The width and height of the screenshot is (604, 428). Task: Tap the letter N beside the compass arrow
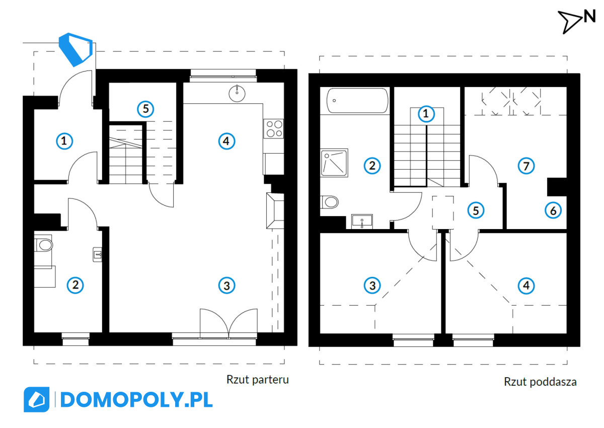coord(589,17)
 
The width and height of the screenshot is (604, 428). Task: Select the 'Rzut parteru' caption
coord(258,380)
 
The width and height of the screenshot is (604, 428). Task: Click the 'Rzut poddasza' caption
coord(540,382)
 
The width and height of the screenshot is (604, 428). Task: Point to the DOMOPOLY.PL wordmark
coord(136,400)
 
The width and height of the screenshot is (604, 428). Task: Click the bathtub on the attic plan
coord(357,100)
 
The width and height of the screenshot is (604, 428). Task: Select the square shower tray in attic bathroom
coord(334,163)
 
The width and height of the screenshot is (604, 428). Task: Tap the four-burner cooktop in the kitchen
coord(274,128)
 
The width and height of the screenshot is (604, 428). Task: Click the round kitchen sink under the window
coord(237,93)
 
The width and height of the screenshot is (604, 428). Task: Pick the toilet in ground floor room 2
coord(44,245)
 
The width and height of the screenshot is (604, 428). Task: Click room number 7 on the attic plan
coord(526,166)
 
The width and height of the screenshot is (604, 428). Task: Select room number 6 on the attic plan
coord(553,210)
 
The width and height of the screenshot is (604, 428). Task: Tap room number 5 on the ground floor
coord(145,109)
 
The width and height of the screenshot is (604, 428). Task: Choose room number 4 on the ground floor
coord(226,141)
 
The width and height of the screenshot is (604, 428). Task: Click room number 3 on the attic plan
coord(372,286)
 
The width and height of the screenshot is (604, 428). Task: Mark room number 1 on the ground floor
coord(64,141)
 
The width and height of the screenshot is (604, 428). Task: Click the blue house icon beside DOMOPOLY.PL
coord(36,399)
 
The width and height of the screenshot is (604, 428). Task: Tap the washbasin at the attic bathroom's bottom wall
coord(362,222)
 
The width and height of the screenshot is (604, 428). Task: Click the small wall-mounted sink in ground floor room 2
coord(97,254)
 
